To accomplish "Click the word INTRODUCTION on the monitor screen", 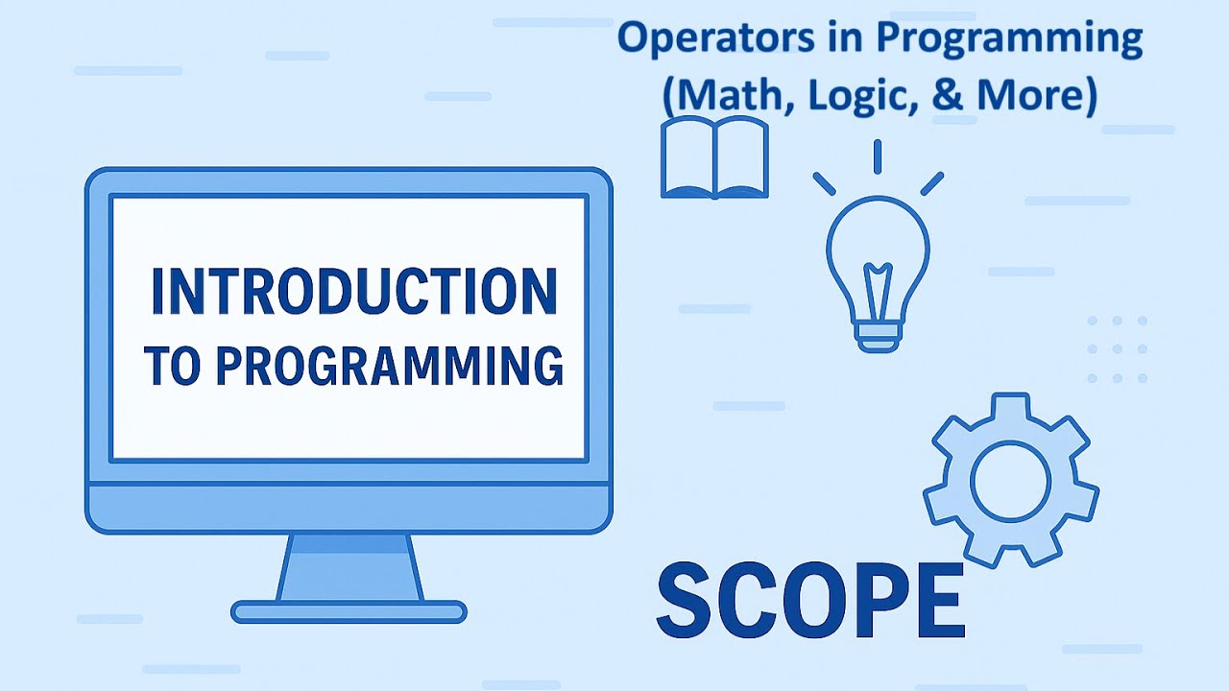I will (353, 292).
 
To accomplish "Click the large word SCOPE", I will (809, 602).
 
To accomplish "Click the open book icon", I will (715, 158).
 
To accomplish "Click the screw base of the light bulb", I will (878, 336).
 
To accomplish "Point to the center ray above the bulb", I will (878, 156).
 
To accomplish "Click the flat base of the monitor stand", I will (349, 611).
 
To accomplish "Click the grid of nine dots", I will (1118, 349).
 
